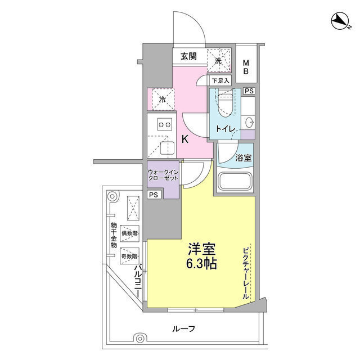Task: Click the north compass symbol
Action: [340, 21]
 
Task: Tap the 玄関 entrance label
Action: [188, 56]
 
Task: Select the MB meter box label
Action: [246, 67]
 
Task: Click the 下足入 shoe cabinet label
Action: [220, 81]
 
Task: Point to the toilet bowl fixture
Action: [226, 103]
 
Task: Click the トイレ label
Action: [226, 129]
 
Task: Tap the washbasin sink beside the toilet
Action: [249, 123]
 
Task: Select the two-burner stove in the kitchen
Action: [165, 125]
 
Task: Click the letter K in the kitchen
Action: [185, 139]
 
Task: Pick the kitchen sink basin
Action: [167, 148]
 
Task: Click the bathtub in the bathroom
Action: [235, 181]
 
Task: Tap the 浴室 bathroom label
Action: [244, 157]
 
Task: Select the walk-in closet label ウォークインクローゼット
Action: [163, 175]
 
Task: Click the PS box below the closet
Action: [154, 195]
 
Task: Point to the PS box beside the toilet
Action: [249, 91]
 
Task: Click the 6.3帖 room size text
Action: [201, 264]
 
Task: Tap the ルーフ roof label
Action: [183, 329]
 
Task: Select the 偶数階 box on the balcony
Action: [130, 233]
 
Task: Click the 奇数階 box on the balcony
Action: [130, 256]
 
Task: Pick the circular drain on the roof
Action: [139, 339]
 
